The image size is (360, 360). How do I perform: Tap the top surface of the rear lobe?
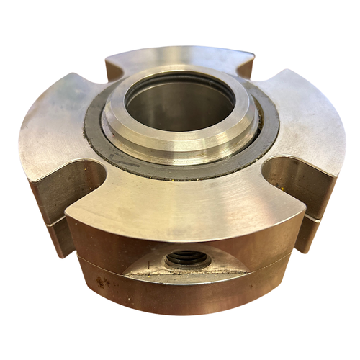(x=180, y=58)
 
